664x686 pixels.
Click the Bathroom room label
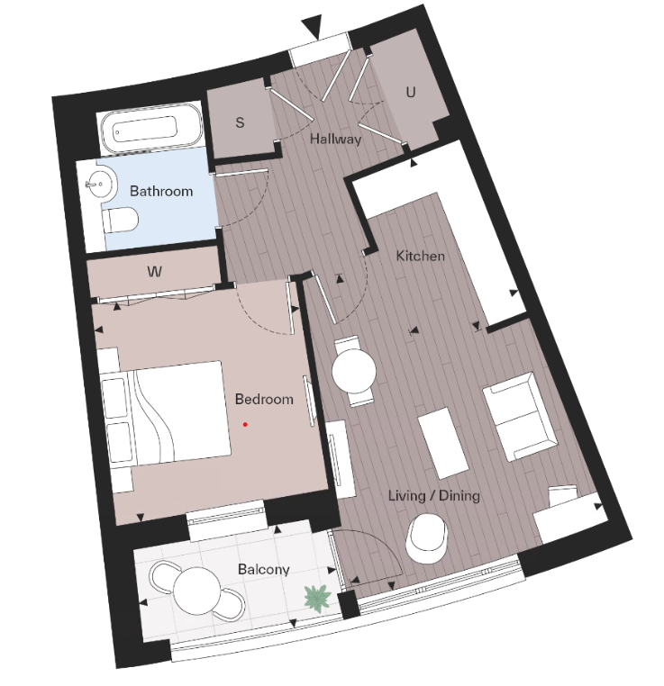tap(161, 191)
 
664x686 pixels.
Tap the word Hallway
tap(335, 140)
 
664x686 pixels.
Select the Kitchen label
tap(421, 256)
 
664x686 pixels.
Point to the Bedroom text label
tap(264, 399)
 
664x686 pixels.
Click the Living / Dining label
tap(433, 496)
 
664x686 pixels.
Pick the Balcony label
tap(264, 569)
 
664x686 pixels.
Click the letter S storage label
tap(240, 123)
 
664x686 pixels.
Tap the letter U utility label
tap(411, 92)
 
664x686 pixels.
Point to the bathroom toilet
tap(121, 219)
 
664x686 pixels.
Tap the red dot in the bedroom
tap(244, 424)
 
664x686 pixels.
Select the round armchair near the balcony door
tap(426, 537)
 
